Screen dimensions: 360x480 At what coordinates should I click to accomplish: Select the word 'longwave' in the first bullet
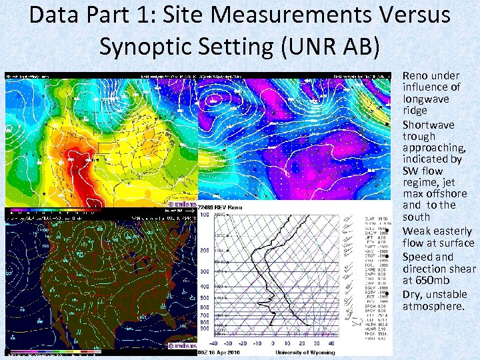pyautogui.click(x=426, y=99)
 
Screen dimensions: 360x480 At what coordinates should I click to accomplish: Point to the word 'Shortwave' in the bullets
pyautogui.click(x=427, y=125)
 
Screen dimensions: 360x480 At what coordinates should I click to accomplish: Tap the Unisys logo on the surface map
pyautogui.click(x=180, y=345)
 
